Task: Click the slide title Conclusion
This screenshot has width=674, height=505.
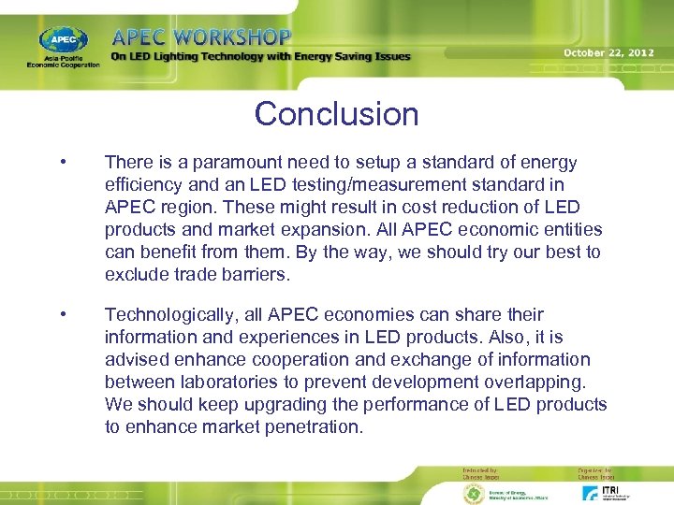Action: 336,114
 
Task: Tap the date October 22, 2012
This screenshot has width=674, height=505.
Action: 608,52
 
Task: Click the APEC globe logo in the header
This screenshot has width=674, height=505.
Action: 64,40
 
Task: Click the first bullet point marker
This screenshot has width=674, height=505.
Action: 62,163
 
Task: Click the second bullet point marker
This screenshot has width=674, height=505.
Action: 62,314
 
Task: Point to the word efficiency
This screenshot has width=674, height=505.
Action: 143,185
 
